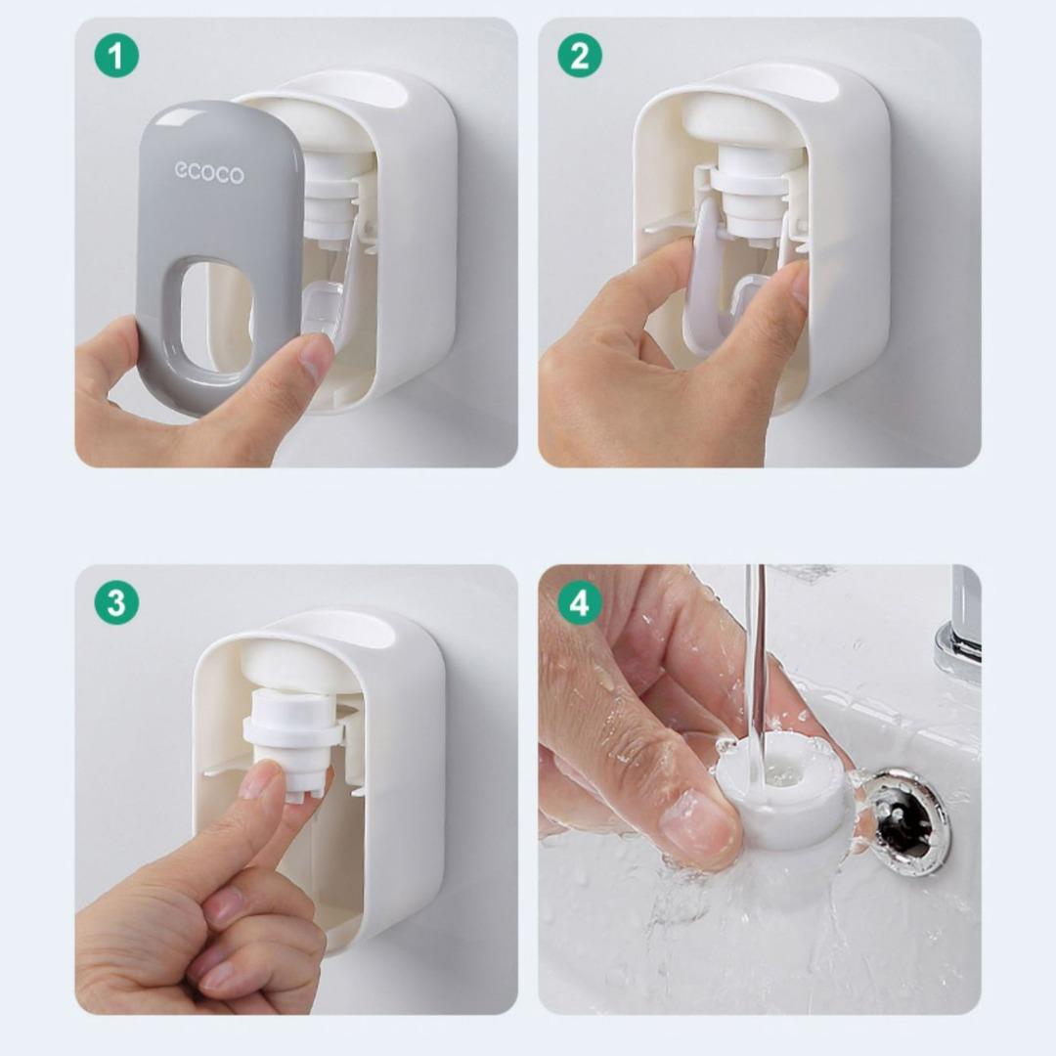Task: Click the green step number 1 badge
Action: pyautogui.click(x=116, y=55)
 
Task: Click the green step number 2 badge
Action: pyautogui.click(x=580, y=55)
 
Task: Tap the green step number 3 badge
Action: pyautogui.click(x=116, y=602)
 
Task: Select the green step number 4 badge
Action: pyautogui.click(x=580, y=602)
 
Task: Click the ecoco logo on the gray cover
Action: pyautogui.click(x=209, y=172)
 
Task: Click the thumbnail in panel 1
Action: pyautogui.click(x=315, y=356)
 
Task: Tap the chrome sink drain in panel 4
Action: pyautogui.click(x=905, y=821)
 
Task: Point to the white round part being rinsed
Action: pyautogui.click(x=781, y=791)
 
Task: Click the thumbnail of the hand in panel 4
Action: pyautogui.click(x=698, y=825)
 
